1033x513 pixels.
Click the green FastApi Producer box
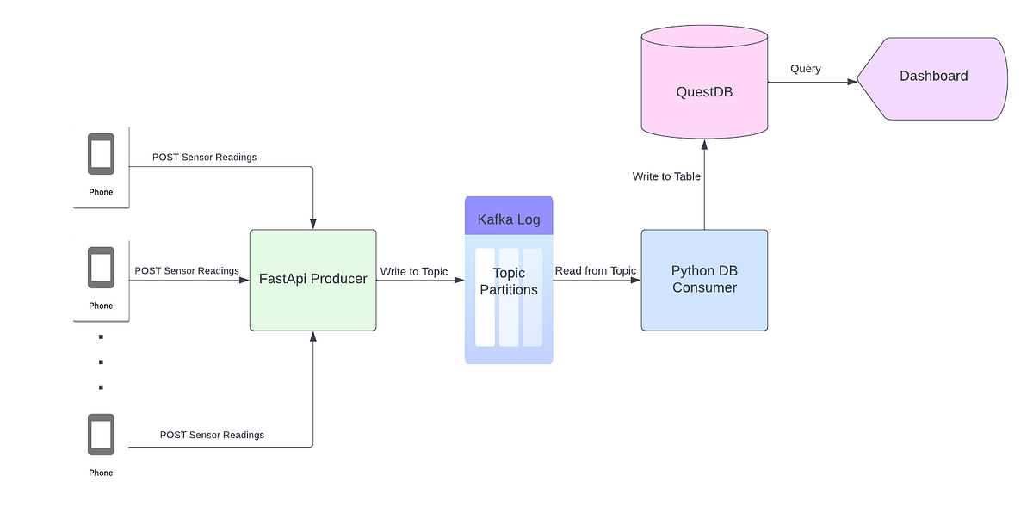[312, 280]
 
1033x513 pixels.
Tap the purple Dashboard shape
[934, 77]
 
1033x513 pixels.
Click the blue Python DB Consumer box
[704, 280]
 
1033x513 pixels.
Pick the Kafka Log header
[509, 219]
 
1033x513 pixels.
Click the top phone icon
[101, 155]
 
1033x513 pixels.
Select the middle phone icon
[101, 269]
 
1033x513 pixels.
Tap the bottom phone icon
[101, 436]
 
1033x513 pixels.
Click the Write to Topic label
[414, 272]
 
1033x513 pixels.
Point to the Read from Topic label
[596, 271]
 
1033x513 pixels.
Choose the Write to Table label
[666, 176]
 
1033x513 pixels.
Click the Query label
[806, 69]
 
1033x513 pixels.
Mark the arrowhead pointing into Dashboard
[852, 82]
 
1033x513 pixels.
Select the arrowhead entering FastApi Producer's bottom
[312, 337]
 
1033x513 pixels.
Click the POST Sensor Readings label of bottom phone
[212, 436]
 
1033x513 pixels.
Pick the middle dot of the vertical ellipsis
[101, 362]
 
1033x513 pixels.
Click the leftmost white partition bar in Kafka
[486, 298]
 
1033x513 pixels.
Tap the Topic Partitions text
[509, 281]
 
